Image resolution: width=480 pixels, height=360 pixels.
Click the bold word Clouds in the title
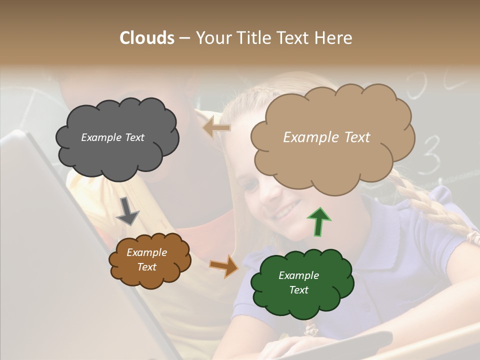tap(147, 38)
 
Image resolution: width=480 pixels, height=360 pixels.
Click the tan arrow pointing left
tap(216, 128)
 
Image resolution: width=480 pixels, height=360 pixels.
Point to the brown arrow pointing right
tap(223, 266)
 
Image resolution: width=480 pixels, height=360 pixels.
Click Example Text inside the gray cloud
tap(112, 137)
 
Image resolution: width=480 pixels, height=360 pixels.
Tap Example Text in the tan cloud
tap(326, 137)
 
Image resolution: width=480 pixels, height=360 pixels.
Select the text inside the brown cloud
tap(146, 259)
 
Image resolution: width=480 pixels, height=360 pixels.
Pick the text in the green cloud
tap(298, 282)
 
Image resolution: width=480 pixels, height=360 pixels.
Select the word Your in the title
tap(211, 38)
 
